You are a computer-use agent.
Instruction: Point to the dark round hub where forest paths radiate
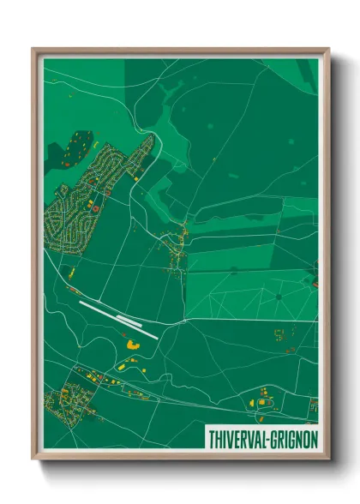point(279,297)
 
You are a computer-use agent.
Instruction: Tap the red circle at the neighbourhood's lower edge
point(95,207)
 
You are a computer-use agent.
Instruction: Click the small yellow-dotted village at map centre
point(178,249)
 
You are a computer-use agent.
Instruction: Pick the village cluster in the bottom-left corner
point(73,396)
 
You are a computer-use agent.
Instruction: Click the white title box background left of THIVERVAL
point(207,438)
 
